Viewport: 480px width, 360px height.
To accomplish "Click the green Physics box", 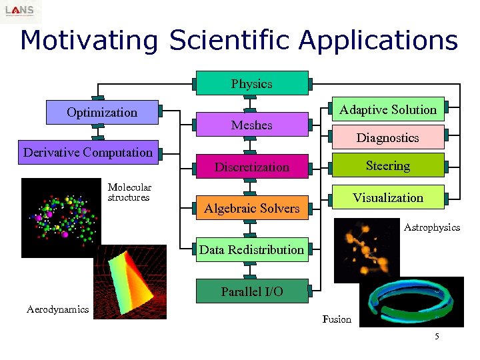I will tap(251, 83).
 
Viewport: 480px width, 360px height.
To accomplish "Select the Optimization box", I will tap(102, 112).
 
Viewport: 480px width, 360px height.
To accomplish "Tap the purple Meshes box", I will tap(251, 125).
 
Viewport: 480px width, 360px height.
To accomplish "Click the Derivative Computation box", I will tap(88, 152).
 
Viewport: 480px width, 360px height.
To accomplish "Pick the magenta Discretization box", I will tap(251, 167).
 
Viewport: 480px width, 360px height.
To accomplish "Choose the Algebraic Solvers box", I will tap(251, 208).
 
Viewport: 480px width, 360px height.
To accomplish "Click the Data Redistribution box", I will tap(251, 249).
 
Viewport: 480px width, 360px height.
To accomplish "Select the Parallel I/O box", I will tap(251, 291).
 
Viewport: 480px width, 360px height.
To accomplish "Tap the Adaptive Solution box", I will tap(388, 109).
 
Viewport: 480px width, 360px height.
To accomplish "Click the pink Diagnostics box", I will tap(388, 137).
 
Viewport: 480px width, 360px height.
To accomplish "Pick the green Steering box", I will tap(388, 165).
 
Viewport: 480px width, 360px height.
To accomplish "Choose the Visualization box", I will tap(388, 197).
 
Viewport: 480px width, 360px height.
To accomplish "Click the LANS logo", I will tap(21, 11).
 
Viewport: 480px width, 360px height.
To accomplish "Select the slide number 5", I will tap(437, 336).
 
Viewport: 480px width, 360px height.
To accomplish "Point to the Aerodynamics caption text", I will tap(57, 309).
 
